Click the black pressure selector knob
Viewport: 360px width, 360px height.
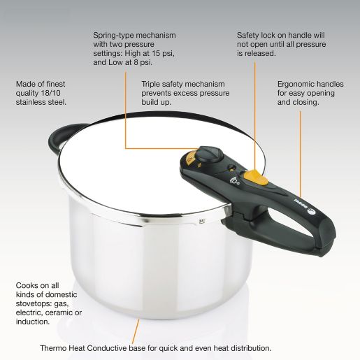[208, 154]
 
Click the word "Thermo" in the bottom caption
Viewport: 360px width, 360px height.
[56, 347]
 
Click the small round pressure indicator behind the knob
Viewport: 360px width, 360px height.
[230, 168]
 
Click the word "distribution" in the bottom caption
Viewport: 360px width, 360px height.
[247, 347]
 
